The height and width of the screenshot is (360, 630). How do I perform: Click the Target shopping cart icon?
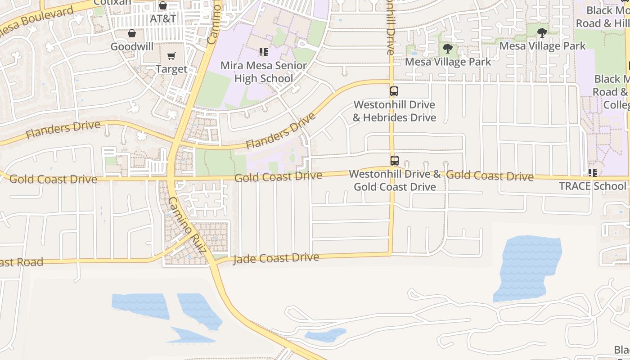(171, 56)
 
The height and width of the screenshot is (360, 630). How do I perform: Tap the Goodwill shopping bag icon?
(132, 34)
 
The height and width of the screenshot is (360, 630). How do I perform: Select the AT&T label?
(162, 19)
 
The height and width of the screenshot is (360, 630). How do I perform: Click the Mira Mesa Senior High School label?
(264, 72)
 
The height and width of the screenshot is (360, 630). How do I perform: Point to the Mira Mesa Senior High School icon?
(264, 52)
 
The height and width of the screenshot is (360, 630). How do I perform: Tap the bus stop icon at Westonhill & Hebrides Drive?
(394, 91)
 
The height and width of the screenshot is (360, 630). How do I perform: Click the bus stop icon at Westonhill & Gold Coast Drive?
(394, 160)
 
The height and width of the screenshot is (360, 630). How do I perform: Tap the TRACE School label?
(592, 186)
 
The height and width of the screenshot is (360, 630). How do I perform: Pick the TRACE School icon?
(592, 172)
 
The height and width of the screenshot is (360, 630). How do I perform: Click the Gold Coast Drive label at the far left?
(53, 179)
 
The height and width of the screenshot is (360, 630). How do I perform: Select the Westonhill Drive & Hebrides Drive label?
(394, 111)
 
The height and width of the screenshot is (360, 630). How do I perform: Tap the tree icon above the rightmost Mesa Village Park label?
(542, 32)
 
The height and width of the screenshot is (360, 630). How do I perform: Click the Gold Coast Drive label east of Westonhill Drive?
(490, 175)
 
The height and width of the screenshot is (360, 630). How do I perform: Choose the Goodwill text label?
(132, 47)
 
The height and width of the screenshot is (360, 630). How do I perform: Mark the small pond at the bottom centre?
(325, 335)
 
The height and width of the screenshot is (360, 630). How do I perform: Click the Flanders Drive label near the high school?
(280, 132)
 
